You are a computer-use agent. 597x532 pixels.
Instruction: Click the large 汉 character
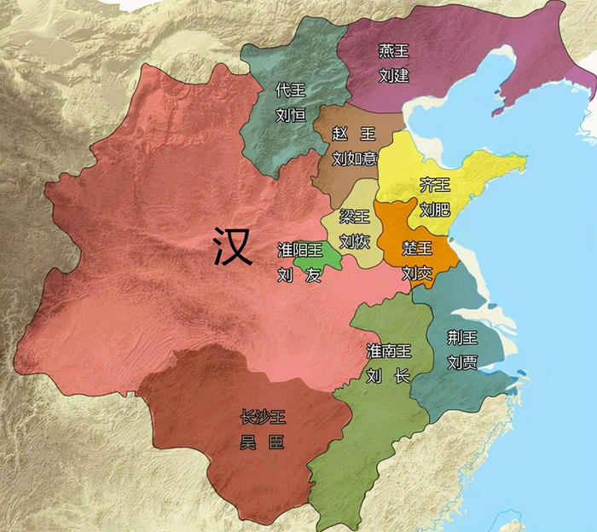(232, 247)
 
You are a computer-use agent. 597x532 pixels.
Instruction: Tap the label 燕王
(393, 52)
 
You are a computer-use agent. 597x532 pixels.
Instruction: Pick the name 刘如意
(354, 158)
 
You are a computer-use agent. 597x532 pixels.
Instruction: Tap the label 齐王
(435, 185)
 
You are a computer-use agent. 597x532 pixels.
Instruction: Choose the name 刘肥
(435, 209)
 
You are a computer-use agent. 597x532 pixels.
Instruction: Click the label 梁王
(355, 217)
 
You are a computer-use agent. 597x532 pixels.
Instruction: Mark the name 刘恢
(355, 241)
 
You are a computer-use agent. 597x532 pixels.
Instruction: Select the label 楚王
(418, 249)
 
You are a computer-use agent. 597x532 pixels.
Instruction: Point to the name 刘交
(418, 273)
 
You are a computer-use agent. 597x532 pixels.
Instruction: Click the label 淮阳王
(299, 251)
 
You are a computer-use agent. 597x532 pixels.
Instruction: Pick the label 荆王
(462, 338)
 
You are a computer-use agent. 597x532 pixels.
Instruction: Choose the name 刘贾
(462, 362)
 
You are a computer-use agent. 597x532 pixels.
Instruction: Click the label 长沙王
(262, 418)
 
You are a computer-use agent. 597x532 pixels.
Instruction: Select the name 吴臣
(262, 442)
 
